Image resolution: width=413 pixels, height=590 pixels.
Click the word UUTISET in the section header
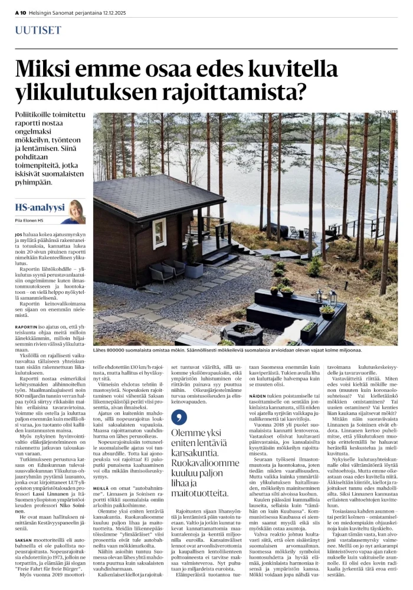click(x=39, y=29)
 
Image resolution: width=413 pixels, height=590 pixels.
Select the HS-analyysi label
click(x=40, y=207)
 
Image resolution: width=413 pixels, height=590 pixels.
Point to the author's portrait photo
click(x=76, y=211)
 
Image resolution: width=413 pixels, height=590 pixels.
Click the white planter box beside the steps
click(x=194, y=270)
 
